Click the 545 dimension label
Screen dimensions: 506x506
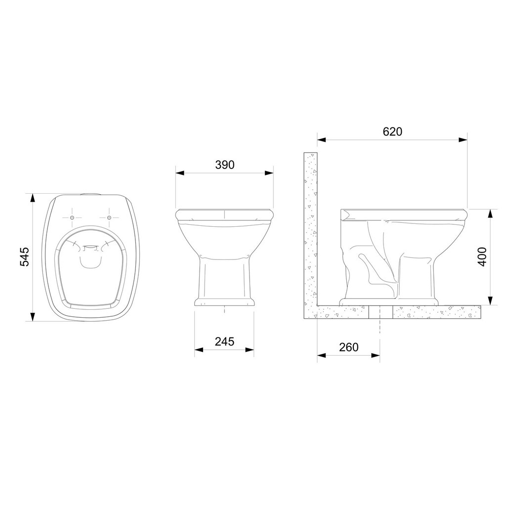click(25, 257)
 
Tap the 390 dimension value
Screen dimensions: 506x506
click(225, 165)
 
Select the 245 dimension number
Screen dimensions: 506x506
click(225, 341)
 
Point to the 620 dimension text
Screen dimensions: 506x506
click(392, 131)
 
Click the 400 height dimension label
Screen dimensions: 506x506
click(482, 257)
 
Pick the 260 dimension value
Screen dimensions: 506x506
click(348, 347)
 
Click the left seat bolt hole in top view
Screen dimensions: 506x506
click(72, 217)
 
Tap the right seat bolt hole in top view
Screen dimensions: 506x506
click(109, 217)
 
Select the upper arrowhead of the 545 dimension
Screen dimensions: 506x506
click(32, 198)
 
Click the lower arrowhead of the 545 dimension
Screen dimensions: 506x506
click(32, 317)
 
